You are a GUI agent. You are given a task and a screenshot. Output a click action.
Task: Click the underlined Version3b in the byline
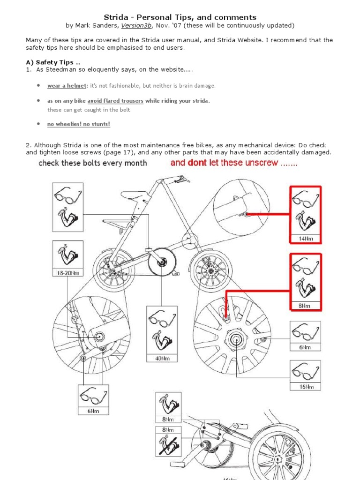coord(148,25)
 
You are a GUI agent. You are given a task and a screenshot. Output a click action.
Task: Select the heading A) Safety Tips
coord(50,62)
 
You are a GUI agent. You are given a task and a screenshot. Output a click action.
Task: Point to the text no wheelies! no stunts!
coord(78,124)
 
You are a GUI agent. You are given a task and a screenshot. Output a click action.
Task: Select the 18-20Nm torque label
coord(68,273)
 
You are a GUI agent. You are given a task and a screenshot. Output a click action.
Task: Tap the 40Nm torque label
coord(162,358)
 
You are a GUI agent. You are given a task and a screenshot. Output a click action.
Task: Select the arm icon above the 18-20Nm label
coord(67,254)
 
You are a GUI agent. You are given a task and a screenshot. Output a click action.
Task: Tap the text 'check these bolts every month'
coord(92,163)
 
